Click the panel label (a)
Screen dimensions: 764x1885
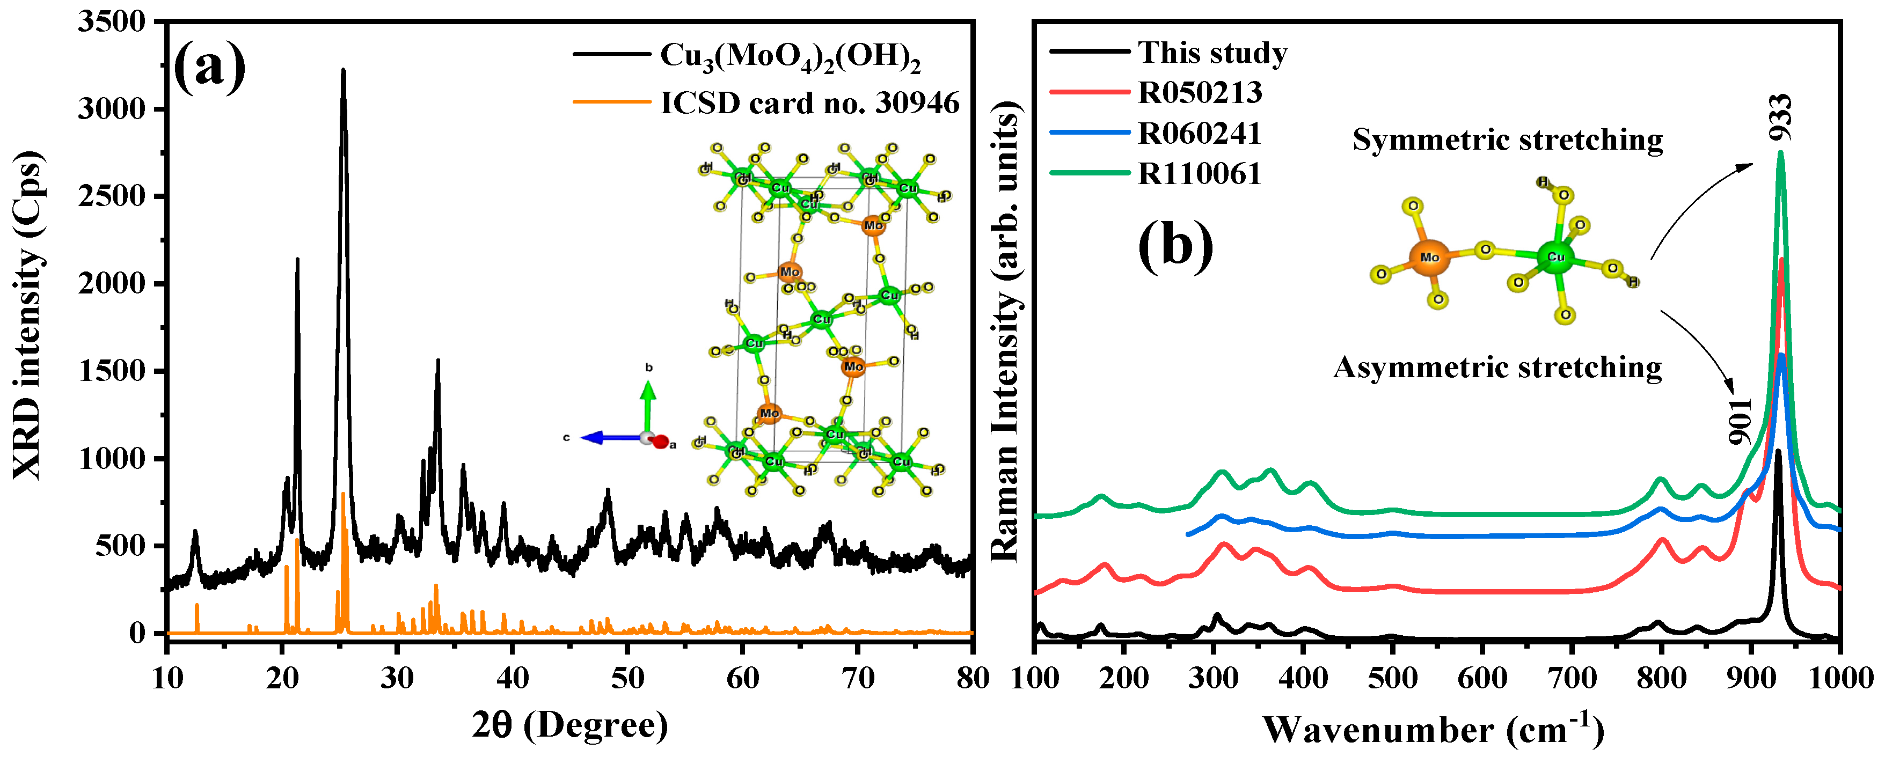click(209, 67)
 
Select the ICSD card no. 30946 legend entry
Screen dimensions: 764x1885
click(809, 102)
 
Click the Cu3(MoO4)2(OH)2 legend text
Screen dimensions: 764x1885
click(790, 56)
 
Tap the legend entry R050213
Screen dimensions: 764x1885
click(1200, 92)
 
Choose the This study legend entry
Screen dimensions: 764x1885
click(1212, 53)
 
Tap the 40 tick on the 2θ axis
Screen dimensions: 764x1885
click(512, 678)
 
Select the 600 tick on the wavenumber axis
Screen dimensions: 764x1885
click(1482, 678)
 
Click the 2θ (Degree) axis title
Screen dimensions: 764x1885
click(569, 725)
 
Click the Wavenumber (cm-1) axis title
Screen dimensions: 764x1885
click(1433, 730)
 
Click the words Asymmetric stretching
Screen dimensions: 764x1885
click(1497, 366)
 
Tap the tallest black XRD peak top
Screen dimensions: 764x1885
click(343, 71)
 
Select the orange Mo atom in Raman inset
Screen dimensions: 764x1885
click(1429, 258)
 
